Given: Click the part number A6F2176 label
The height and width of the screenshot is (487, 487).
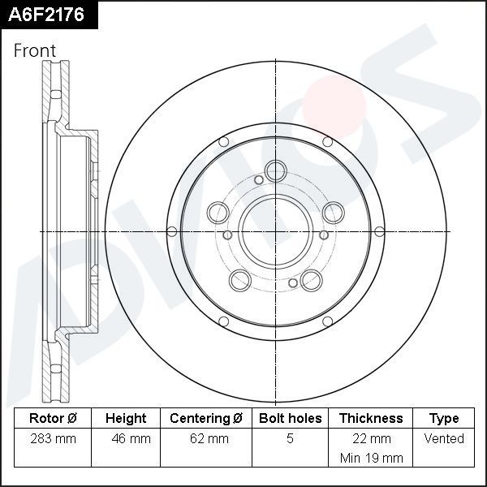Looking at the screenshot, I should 47,15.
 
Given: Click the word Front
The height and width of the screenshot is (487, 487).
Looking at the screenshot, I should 35,50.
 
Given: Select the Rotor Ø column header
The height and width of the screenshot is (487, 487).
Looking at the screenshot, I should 52,419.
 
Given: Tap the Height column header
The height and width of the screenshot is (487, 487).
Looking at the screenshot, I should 126,419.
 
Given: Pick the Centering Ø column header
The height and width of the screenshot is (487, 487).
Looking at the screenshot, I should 206,419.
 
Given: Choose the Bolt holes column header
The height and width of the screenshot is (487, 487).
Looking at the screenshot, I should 290,419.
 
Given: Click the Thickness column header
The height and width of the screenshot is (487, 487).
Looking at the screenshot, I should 371,419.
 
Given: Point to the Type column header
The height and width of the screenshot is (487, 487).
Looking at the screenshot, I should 444,419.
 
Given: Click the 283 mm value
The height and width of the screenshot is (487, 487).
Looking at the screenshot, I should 52,439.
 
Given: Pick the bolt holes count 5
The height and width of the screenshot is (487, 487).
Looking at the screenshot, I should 290,439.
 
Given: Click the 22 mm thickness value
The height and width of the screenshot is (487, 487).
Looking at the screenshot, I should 371,439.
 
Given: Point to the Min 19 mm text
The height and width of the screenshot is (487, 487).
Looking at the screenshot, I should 371,458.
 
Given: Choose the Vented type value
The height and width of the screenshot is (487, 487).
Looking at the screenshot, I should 444,439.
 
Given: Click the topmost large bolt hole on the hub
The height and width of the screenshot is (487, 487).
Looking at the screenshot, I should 276,170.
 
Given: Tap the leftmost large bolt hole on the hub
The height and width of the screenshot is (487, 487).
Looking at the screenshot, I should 218,213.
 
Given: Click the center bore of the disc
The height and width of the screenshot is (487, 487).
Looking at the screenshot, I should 275,232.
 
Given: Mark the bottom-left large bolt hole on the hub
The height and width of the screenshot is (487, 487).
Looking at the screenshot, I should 239,281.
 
